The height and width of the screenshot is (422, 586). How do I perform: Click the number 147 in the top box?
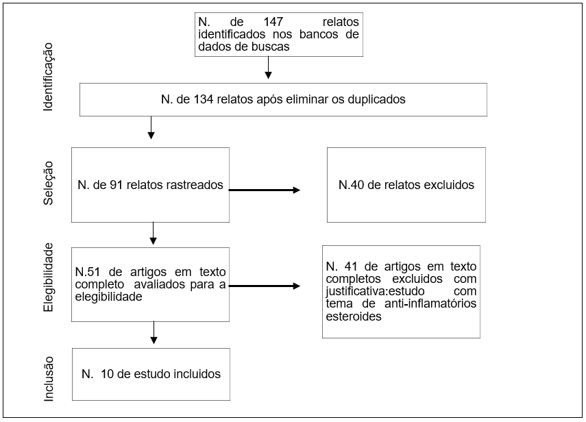point(273,22)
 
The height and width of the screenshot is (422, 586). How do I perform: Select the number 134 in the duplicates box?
point(204,99)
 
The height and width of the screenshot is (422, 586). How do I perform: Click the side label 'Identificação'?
point(48,77)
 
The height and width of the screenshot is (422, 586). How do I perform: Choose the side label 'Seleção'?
point(48,183)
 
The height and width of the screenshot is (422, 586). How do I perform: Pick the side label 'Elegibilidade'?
point(48,277)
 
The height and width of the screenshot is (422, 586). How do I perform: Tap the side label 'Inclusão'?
point(49,379)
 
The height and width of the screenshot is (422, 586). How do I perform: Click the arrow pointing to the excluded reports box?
point(265,190)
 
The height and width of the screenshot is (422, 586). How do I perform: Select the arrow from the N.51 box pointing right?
point(265,286)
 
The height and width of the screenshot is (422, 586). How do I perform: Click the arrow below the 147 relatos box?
point(268,68)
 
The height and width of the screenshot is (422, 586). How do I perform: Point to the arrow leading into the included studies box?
point(154,332)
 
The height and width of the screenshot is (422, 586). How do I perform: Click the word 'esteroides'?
point(354,316)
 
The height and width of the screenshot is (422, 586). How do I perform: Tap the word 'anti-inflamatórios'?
point(430,303)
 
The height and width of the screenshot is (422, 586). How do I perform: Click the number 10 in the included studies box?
point(107,374)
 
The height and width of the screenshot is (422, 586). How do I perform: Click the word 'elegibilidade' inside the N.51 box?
point(109,297)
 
